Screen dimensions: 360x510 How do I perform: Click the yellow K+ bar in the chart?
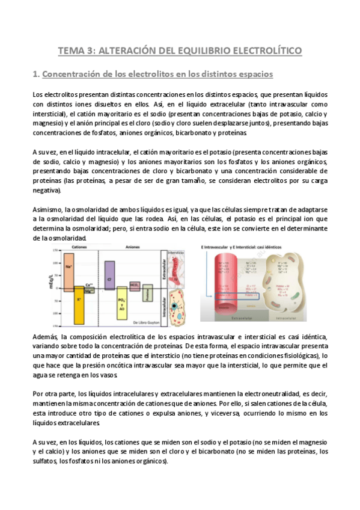coord(79,304)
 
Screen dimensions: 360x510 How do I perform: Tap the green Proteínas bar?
coord(148,293)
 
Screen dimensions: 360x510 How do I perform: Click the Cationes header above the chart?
coord(79,247)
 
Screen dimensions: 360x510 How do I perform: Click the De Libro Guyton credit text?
coord(141,323)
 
